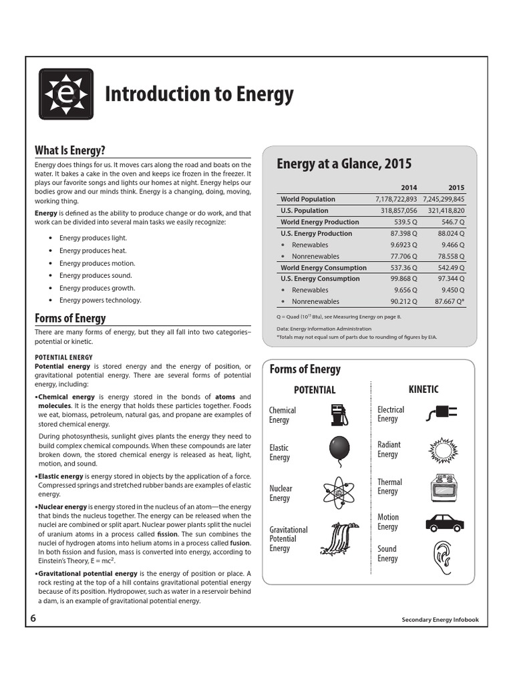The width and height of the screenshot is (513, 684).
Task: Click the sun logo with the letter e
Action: pos(65,94)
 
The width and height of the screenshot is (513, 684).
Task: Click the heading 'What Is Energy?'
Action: pos(69,150)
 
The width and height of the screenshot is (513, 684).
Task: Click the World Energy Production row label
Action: pos(319,222)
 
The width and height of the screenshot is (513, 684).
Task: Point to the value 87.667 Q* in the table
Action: pos(446,301)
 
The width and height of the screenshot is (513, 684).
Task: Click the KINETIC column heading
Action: pos(423,389)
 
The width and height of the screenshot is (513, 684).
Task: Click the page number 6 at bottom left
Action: pos(33,618)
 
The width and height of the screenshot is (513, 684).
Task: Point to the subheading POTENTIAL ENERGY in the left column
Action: pos(63,357)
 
